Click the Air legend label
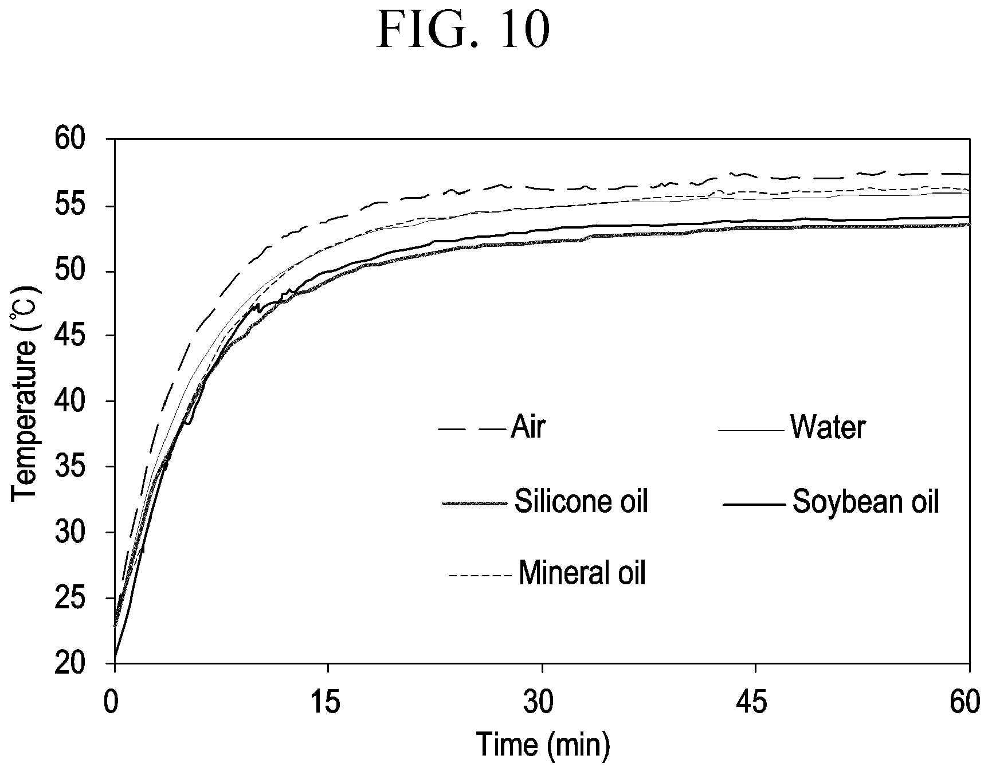tap(527, 427)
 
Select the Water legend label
tap(828, 427)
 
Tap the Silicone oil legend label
tap(581, 502)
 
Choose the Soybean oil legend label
tap(866, 502)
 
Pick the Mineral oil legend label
tap(582, 573)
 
